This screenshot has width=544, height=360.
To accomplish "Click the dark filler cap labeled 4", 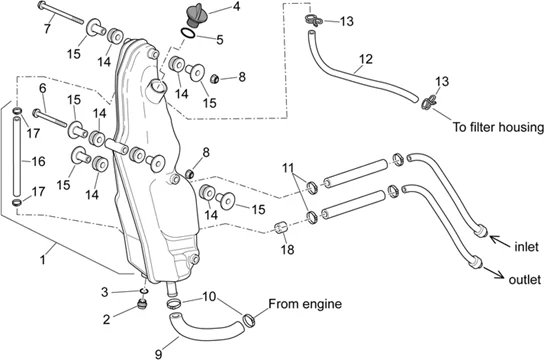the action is (197, 15).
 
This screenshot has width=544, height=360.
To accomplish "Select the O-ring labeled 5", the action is (188, 33).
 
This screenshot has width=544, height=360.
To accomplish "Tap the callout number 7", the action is (47, 28).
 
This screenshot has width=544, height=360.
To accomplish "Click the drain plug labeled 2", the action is (142, 305).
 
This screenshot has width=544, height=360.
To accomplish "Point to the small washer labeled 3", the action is (144, 290).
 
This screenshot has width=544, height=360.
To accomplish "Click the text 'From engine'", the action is (305, 304).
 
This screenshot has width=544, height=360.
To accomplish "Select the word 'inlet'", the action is (526, 247).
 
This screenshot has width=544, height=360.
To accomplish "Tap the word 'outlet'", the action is (525, 280).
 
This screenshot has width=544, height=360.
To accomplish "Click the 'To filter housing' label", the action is (498, 127).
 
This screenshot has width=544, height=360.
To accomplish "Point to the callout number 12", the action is (366, 59).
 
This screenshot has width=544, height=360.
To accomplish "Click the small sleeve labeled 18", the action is (281, 227).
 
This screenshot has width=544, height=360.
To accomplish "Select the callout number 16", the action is (38, 161).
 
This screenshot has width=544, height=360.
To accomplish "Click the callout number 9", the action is (159, 354).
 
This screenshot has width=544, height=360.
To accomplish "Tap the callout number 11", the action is (288, 168).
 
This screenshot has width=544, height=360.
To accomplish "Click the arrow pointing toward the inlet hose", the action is (500, 240).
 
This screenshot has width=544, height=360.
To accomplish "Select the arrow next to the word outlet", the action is (494, 272).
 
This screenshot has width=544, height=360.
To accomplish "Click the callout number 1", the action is (43, 260).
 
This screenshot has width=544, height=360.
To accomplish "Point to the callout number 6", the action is (43, 88).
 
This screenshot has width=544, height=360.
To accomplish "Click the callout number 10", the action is (209, 297).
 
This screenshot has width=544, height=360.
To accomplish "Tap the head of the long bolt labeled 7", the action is (41, 5).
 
